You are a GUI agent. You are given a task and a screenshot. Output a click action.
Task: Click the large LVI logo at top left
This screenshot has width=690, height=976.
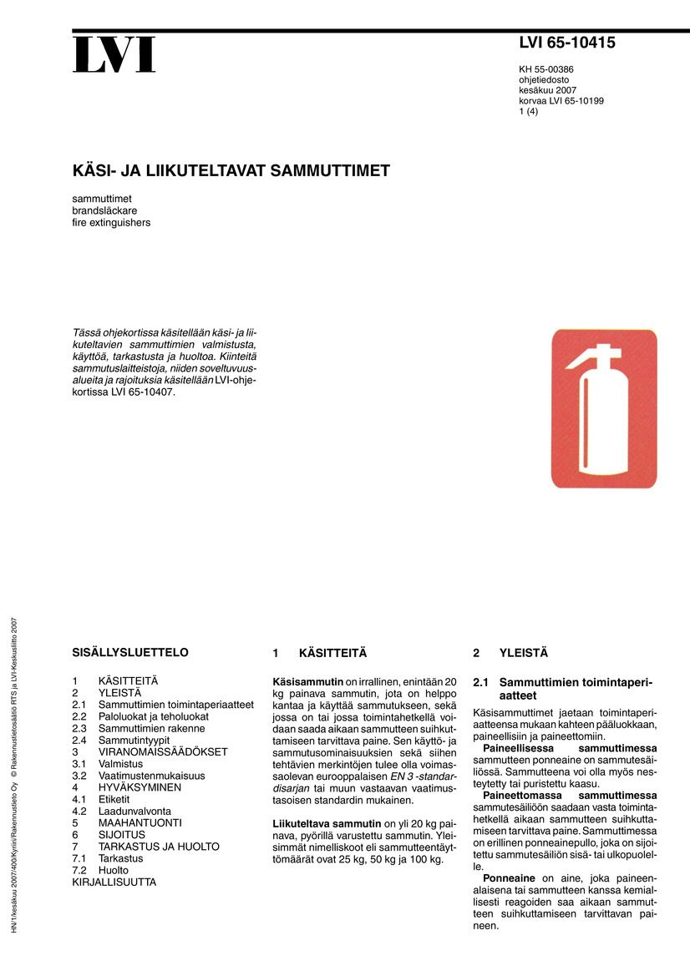[114, 54]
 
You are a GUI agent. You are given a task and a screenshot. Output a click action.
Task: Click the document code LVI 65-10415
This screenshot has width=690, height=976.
[566, 43]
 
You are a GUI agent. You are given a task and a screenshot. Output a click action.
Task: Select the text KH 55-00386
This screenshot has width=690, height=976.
[546, 69]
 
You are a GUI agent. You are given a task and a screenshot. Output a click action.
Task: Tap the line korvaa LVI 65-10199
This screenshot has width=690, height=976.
[561, 101]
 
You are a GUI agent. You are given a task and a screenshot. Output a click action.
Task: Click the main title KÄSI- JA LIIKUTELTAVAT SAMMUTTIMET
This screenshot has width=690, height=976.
[231, 171]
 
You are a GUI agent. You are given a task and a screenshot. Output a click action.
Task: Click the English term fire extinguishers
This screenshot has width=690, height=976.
[111, 223]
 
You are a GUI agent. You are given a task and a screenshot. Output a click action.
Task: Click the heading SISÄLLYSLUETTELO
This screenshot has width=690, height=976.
[130, 652]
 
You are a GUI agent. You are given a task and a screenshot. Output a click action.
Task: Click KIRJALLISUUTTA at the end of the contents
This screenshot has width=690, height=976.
[114, 882]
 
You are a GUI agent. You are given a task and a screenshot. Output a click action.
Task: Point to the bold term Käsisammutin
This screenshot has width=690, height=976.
[307, 682]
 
